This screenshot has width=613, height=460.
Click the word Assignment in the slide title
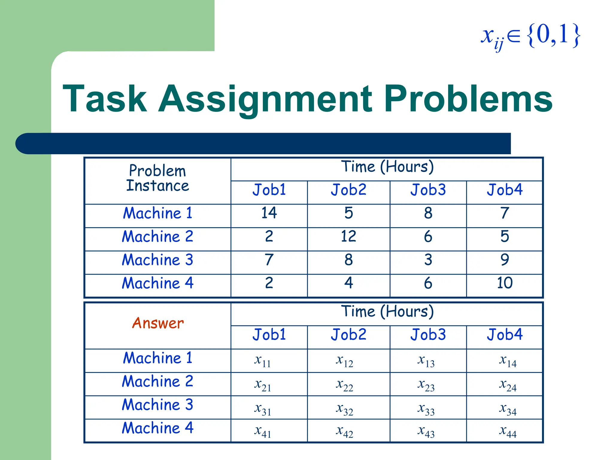tap(265, 99)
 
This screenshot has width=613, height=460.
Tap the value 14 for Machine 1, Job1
tap(269, 213)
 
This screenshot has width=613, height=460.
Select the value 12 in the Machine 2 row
tap(348, 236)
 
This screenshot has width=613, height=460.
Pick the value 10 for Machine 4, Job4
tap(505, 283)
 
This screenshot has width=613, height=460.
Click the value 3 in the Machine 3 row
tap(428, 260)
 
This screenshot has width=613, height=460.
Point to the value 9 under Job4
tap(505, 260)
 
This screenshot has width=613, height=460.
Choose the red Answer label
tap(158, 323)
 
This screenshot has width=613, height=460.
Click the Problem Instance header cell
tap(157, 178)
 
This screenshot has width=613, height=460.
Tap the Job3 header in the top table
tap(428, 190)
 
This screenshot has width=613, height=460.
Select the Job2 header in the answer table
tap(348, 335)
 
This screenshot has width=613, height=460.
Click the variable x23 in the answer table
tap(426, 385)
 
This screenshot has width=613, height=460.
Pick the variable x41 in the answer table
tap(263, 431)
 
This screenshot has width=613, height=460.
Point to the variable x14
tap(508, 361)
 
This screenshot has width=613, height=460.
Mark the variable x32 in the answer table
tap(344, 409)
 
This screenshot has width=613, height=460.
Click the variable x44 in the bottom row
tap(508, 431)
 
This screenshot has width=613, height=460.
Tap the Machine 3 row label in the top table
tap(157, 260)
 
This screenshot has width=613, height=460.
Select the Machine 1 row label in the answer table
tap(157, 358)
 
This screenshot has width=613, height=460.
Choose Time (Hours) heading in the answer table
tap(387, 311)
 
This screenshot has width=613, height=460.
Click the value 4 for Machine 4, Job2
tap(348, 283)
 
